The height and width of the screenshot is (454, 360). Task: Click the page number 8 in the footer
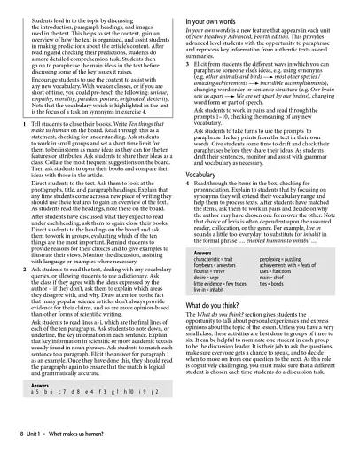(22, 437)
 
